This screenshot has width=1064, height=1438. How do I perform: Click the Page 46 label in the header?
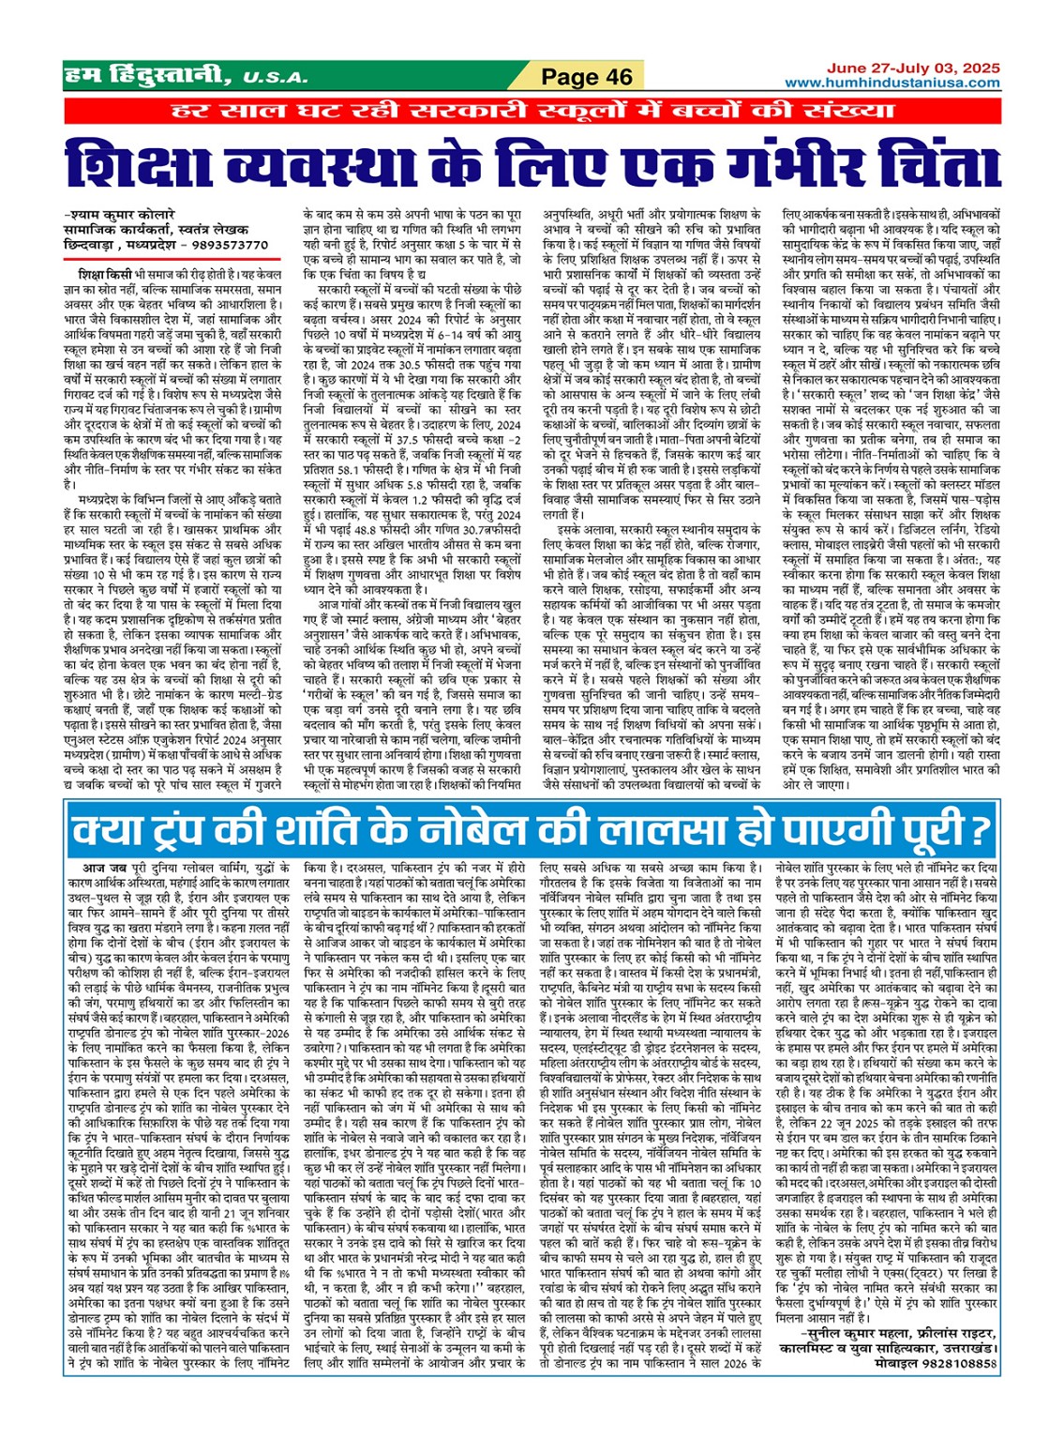coord(587,77)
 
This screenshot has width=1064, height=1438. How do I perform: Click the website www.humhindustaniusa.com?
coord(892,83)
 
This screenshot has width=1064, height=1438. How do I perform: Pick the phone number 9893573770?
coord(231,245)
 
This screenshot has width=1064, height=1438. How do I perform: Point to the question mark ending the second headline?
coord(980,829)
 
